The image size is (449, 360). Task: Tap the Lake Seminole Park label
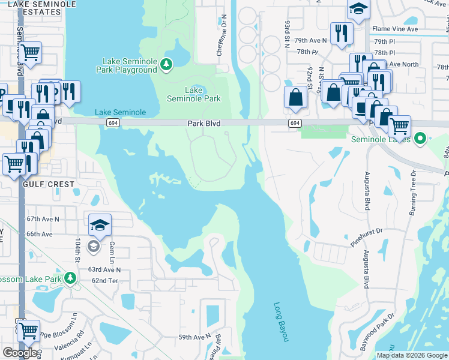point(193,94)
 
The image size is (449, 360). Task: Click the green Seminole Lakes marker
point(420,139)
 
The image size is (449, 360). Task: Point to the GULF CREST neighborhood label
point(49,184)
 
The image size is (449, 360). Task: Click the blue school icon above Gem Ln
point(100,225)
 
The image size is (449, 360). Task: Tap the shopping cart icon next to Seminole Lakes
point(399,126)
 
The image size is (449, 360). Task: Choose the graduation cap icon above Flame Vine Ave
point(358,8)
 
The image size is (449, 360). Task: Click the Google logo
point(22,352)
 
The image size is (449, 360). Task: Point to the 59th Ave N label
point(194,337)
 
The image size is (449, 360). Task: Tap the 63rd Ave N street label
point(106,270)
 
